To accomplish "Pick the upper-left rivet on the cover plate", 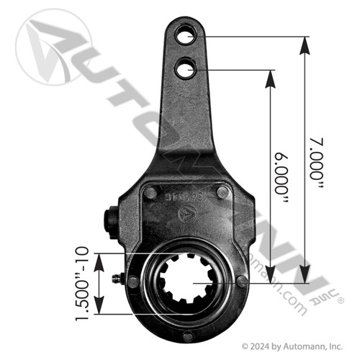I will [152, 192].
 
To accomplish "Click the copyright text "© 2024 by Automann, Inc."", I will [294, 346].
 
